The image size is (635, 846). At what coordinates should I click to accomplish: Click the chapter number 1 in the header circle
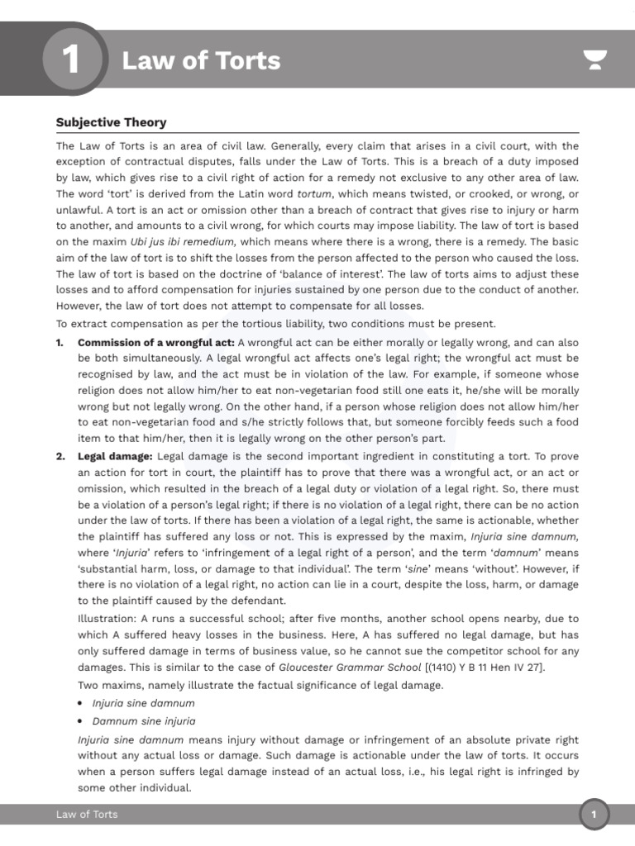[x=71, y=60]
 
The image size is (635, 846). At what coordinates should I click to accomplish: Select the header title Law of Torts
[x=201, y=60]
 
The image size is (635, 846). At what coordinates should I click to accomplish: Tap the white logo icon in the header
[x=594, y=60]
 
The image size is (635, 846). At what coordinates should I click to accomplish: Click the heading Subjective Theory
[x=111, y=122]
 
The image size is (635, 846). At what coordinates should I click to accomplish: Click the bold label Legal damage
[x=115, y=455]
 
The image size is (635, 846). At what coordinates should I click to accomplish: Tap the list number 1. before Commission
[x=60, y=343]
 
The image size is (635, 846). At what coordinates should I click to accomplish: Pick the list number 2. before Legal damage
[x=60, y=455]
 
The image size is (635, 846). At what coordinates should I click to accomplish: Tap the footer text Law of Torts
[x=87, y=815]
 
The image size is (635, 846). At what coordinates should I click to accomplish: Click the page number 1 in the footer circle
[x=593, y=815]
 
